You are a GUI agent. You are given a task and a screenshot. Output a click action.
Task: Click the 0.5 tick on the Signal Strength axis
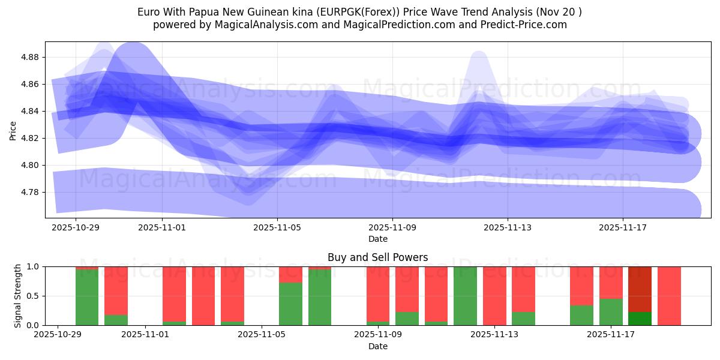[x=33, y=296]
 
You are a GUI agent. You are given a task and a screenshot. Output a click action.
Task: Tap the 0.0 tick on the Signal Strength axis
[x=33, y=325]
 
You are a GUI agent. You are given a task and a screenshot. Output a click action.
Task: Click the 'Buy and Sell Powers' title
[x=377, y=257]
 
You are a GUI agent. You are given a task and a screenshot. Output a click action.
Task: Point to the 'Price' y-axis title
[x=13, y=130]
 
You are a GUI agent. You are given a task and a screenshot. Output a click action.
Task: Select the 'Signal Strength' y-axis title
[x=18, y=295]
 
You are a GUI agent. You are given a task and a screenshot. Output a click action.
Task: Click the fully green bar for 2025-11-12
[x=465, y=296]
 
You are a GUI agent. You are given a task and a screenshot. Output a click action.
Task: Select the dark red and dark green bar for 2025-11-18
[x=640, y=296]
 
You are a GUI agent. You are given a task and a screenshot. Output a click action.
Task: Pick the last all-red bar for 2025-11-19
[x=669, y=296]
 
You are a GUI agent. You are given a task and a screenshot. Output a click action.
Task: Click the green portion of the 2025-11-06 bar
[x=290, y=304]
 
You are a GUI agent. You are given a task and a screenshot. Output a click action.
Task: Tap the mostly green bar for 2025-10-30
[x=87, y=297]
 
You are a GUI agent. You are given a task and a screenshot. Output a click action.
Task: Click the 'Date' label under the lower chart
[x=377, y=346]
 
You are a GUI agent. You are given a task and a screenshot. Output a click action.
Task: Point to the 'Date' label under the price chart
[x=377, y=239]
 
